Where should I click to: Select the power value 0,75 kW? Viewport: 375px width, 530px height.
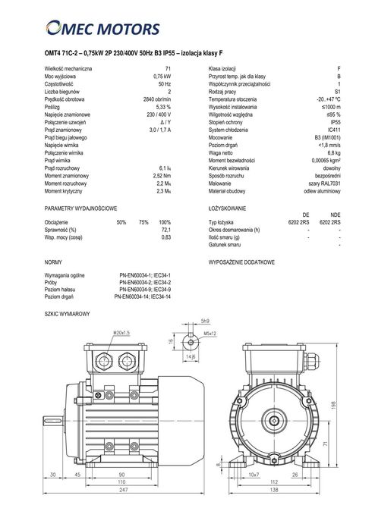161,77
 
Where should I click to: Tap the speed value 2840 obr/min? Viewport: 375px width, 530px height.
157,99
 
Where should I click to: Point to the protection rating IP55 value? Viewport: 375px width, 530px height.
335,121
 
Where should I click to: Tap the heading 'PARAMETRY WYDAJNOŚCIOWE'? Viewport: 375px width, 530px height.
80,207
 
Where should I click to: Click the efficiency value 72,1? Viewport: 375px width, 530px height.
165,229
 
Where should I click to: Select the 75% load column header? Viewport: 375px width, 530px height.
143,221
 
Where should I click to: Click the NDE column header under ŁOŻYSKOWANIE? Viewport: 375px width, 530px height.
336,215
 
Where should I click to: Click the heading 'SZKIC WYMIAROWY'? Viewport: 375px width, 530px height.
68,313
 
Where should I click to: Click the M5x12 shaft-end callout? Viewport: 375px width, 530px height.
210,332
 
